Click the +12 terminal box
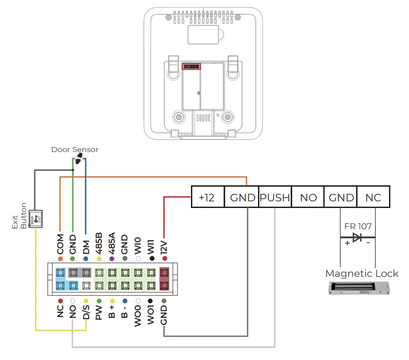pyautogui.click(x=208, y=197)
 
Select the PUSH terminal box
pyautogui.click(x=275, y=197)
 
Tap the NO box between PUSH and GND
pyautogui.click(x=308, y=197)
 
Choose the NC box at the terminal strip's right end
pyautogui.click(x=373, y=197)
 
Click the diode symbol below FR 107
pyautogui.click(x=357, y=237)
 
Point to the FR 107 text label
pyautogui.click(x=357, y=226)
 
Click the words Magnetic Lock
pyautogui.click(x=361, y=273)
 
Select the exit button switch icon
pyautogui.click(x=35, y=219)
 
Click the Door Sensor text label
pyautogui.click(x=75, y=150)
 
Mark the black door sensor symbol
pyautogui.click(x=79, y=160)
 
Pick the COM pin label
pyautogui.click(x=60, y=244)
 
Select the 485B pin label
pyautogui.click(x=99, y=242)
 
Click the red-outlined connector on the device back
pyautogui.click(x=191, y=66)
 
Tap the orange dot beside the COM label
pyautogui.click(x=60, y=259)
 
